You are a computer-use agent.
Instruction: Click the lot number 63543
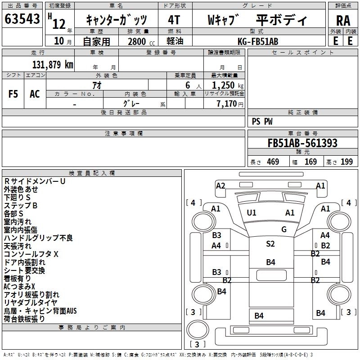[x=22, y=19]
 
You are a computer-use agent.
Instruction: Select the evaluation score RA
[x=343, y=21]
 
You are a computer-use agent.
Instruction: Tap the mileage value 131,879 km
[x=53, y=64]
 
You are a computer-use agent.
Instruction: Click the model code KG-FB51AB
[x=258, y=41]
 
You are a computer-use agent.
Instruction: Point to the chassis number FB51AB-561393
[x=302, y=143]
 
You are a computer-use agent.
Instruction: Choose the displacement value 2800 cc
[x=141, y=41]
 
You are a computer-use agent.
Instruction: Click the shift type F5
[x=13, y=94]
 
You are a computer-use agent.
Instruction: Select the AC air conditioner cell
[x=35, y=94]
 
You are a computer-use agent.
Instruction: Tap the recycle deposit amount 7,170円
[x=230, y=104]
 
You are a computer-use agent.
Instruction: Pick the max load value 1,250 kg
[x=228, y=85]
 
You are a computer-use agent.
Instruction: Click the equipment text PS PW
[x=262, y=121]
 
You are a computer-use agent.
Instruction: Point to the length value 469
[x=273, y=162]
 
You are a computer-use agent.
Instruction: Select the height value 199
[x=346, y=162]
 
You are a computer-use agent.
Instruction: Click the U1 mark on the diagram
[x=252, y=213]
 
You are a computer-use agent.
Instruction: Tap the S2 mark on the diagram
[x=270, y=243]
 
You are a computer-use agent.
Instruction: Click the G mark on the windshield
[x=284, y=229]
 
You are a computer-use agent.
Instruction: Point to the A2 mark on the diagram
[x=220, y=185]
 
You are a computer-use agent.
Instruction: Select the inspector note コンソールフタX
[x=31, y=254]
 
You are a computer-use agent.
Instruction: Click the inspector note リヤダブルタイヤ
[x=30, y=302]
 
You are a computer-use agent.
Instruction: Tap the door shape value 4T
[x=174, y=20]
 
